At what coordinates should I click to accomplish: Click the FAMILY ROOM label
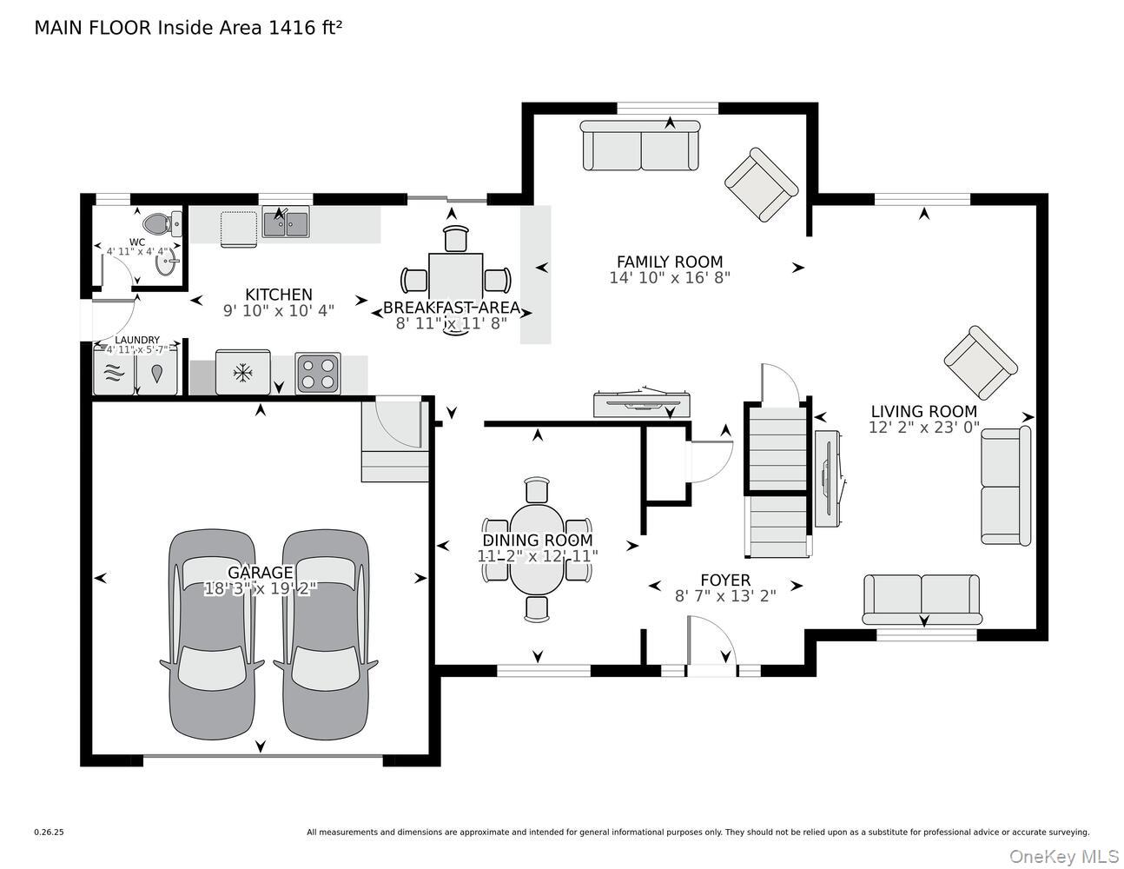[669, 262]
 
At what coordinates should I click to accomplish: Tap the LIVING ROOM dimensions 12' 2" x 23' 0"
[923, 428]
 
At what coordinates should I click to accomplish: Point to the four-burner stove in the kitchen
[318, 374]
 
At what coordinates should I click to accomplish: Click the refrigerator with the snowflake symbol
[243, 374]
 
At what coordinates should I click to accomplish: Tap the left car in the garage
[213, 634]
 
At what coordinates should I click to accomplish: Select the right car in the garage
[326, 634]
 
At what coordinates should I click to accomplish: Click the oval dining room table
[538, 549]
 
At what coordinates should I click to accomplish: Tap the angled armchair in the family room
[761, 185]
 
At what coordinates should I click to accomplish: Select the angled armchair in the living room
[980, 362]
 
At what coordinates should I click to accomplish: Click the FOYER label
[725, 580]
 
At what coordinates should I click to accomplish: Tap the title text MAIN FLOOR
[94, 28]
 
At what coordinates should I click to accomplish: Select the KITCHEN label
[278, 295]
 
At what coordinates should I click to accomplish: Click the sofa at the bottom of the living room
[922, 598]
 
